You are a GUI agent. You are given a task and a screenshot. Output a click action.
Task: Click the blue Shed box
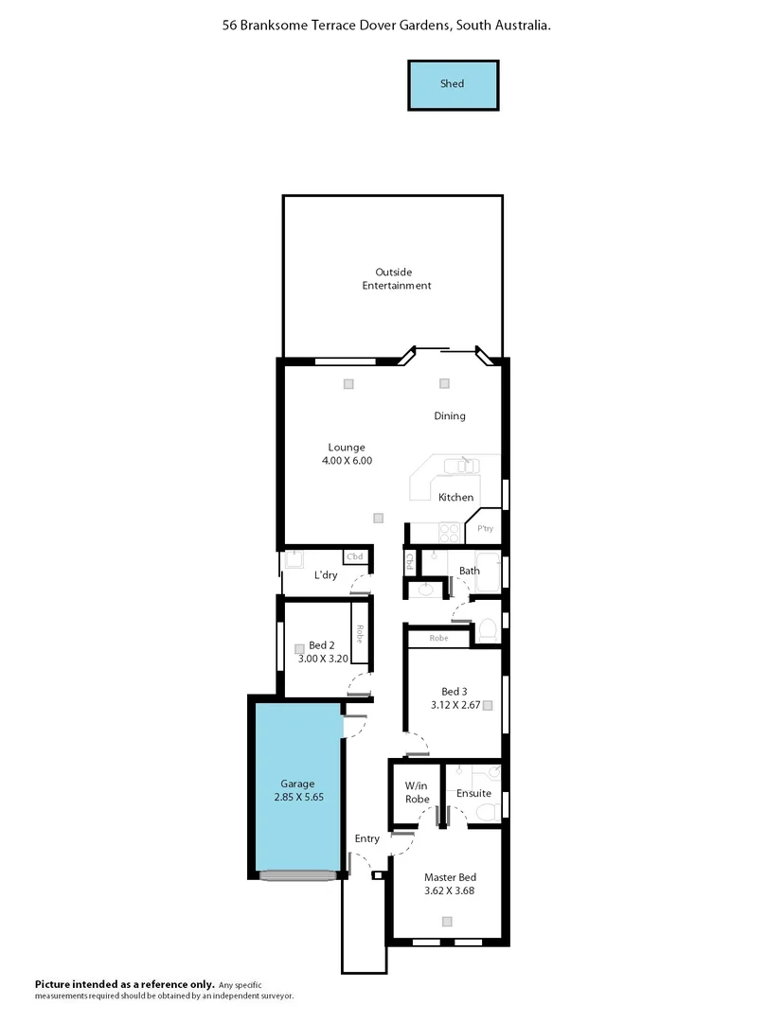[453, 84]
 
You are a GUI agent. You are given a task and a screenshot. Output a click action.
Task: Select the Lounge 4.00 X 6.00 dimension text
[347, 461]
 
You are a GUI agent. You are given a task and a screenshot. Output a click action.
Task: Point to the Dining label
[450, 416]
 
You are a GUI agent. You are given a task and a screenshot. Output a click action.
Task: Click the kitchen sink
[464, 464]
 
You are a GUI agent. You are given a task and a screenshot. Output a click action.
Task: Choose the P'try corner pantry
[486, 527]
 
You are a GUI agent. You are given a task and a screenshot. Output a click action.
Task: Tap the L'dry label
[326, 575]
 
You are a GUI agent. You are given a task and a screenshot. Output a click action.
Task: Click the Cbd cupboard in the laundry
[355, 557]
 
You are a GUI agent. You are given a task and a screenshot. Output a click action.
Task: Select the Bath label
[470, 571]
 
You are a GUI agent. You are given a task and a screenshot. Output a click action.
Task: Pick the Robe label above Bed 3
[438, 639]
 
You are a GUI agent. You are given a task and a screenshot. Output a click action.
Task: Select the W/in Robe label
[417, 793]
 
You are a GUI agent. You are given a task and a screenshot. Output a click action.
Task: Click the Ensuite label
[473, 793]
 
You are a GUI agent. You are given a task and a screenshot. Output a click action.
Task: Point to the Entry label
[367, 839]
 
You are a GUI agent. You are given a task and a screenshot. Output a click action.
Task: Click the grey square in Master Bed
[447, 922]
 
